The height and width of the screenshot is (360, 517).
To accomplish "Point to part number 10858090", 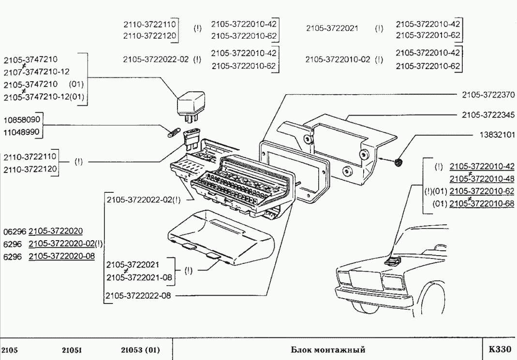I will tap(23, 119).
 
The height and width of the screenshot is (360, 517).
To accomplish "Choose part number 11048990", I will tap(23, 131).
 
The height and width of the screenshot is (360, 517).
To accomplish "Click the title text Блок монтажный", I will tap(327, 349).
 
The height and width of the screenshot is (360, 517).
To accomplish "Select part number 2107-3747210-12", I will tap(36, 72).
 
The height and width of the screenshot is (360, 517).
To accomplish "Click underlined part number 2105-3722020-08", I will tap(61, 256).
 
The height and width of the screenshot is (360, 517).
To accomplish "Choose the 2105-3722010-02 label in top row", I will tap(338, 60).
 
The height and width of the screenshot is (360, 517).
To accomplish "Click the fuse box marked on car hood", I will tap(393, 261).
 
